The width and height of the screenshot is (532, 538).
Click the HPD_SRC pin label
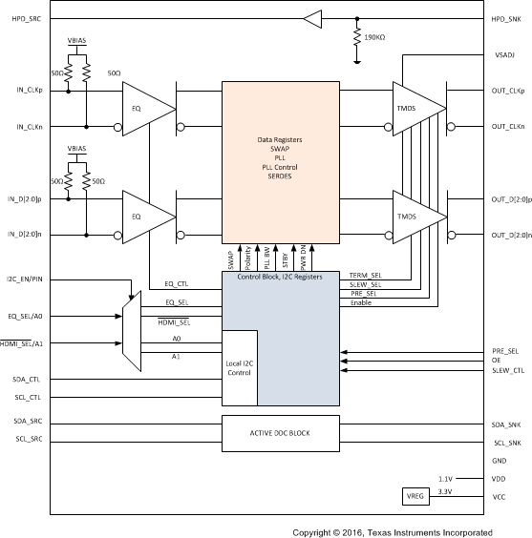[x=23, y=19]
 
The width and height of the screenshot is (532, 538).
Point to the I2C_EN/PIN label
[x=28, y=278]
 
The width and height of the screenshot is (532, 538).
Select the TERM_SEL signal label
[x=366, y=274]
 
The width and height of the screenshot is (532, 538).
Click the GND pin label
[x=500, y=460]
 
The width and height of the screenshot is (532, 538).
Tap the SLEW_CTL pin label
[x=507, y=370]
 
